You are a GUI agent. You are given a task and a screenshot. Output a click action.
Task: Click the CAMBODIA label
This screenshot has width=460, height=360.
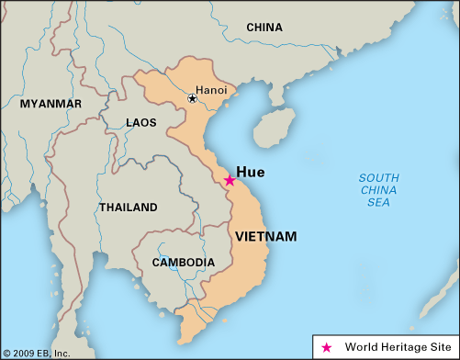coord(185,262)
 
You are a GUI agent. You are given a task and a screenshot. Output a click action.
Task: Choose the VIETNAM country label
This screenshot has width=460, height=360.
coord(266,237)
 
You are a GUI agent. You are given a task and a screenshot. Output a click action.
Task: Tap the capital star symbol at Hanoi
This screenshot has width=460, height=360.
coord(193,98)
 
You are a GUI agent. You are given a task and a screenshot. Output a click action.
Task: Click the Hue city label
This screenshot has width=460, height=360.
coord(252,171)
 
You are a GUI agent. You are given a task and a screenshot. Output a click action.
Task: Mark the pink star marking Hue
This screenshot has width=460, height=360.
coord(230,181)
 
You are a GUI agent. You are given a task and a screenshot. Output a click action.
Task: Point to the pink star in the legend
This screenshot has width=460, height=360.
coord(327,347)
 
